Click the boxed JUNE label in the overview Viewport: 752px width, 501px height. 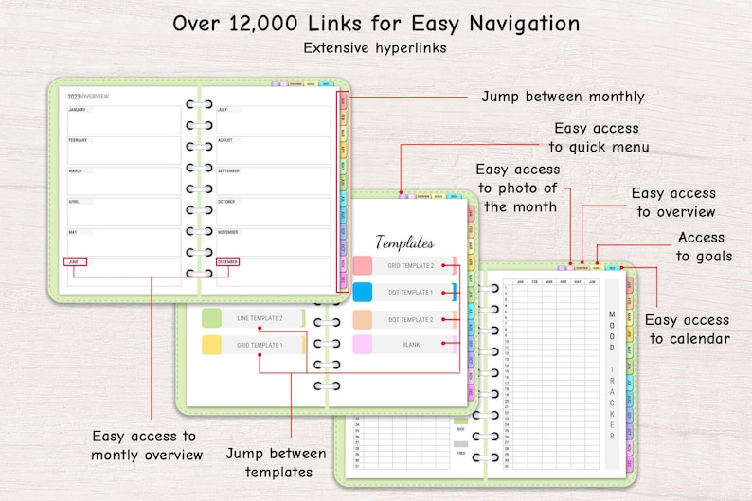point(75,261)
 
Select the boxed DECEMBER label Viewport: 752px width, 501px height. point(228,261)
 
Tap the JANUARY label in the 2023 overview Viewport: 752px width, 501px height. point(77,110)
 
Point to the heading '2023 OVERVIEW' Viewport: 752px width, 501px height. point(88,96)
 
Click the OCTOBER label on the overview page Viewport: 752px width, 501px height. point(228,202)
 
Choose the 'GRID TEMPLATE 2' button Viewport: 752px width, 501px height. point(410,266)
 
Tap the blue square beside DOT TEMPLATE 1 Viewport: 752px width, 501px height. point(362,292)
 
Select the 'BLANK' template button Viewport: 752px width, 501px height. point(410,345)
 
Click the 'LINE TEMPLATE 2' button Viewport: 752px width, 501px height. point(260,318)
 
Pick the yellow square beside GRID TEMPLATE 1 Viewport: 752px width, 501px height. point(211,345)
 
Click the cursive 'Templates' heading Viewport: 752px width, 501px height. point(404,242)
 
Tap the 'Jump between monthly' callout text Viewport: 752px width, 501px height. point(563,97)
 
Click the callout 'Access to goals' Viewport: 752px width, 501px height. point(702,246)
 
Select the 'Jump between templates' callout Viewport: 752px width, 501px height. point(269,462)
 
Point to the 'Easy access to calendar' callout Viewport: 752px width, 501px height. point(688,329)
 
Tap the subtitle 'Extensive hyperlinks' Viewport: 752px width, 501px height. point(375,46)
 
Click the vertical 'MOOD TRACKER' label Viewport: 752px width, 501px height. point(612,374)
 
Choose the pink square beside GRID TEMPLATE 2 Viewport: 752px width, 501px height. point(362,265)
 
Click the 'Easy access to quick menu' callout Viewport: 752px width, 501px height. point(599,137)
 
